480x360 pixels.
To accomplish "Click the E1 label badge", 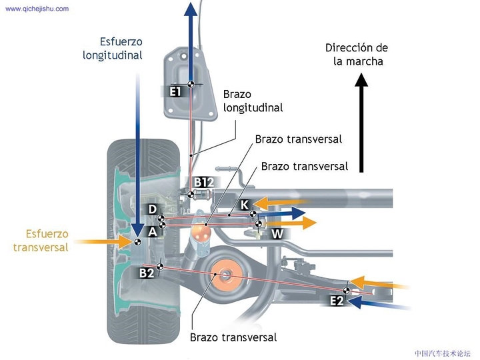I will pyautogui.click(x=175, y=91).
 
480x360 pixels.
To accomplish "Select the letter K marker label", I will pyautogui.click(x=245, y=205).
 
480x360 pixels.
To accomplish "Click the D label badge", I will pyautogui.click(x=153, y=210).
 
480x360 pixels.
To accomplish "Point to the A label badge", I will pyautogui.click(x=153, y=231).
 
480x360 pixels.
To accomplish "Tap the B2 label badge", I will pyautogui.click(x=147, y=273).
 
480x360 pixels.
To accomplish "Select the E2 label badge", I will pyautogui.click(x=337, y=301).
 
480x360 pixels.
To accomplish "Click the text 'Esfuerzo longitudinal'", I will pyautogui.click(x=113, y=48).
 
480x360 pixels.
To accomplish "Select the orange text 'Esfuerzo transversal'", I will pyautogui.click(x=41, y=241).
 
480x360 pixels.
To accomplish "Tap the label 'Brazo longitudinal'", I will pyautogui.click(x=253, y=101).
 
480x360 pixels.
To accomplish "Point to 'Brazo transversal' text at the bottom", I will pyautogui.click(x=233, y=337).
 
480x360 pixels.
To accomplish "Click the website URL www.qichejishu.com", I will pyautogui.click(x=37, y=9).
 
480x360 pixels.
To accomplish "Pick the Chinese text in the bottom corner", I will pyautogui.click(x=442, y=353).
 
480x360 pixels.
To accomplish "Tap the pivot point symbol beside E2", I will pyautogui.click(x=347, y=290).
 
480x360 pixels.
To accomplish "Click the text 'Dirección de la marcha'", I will pyautogui.click(x=357, y=54).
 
